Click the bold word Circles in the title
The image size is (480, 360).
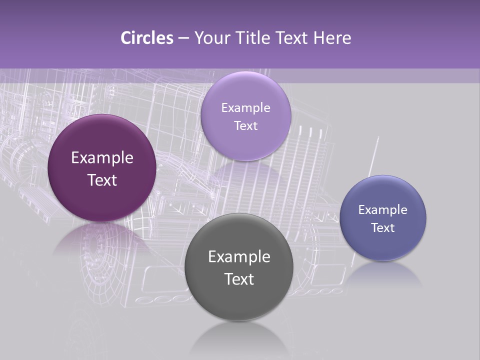click(146, 38)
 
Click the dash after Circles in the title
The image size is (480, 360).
click(183, 38)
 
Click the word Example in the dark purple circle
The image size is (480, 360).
click(102, 158)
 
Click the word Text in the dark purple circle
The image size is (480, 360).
click(102, 180)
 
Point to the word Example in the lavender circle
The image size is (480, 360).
click(245, 108)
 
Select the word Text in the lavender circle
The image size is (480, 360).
click(245, 126)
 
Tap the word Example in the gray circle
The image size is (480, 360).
click(239, 257)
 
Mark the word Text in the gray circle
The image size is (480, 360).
click(239, 279)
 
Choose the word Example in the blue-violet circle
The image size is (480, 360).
click(383, 210)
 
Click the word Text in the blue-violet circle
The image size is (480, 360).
click(383, 228)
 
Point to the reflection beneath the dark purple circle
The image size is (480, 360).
click(95, 240)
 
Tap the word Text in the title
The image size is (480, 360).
click(293, 38)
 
